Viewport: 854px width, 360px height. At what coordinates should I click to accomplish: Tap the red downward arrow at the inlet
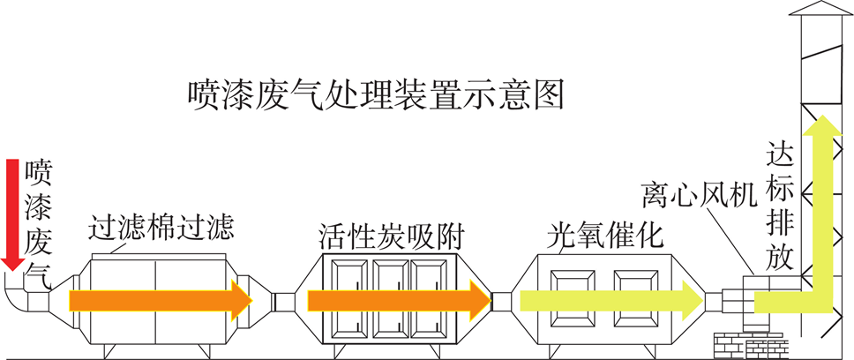click(x=12, y=212)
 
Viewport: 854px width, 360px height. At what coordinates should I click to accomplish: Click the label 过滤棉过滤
click(x=161, y=229)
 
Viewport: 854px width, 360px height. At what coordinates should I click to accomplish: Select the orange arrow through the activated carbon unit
click(x=397, y=300)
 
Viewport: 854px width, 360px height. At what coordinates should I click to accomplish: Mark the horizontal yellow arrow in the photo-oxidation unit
click(x=609, y=300)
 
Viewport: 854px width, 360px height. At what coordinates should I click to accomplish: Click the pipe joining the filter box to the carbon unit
click(x=282, y=301)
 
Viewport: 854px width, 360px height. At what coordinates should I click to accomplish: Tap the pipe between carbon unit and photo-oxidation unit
click(x=501, y=301)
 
